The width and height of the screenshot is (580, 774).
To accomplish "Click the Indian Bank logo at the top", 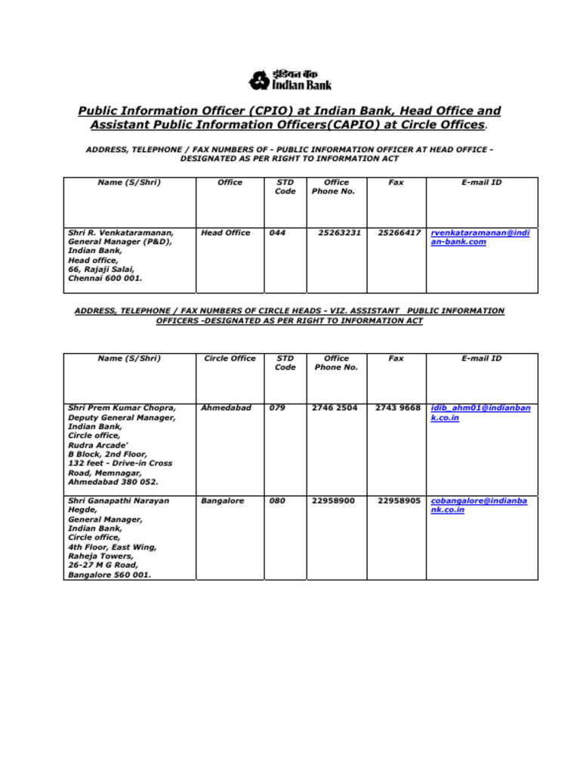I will click(x=290, y=79).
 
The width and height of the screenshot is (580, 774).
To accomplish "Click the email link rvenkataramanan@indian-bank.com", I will click(x=480, y=237).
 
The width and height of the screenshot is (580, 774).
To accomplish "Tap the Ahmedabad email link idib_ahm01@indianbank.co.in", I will click(x=480, y=413).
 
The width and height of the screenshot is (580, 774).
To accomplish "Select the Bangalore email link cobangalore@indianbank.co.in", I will click(x=479, y=505).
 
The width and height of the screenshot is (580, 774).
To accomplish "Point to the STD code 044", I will click(x=277, y=233).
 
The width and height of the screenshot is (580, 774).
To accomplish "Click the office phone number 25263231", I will click(x=340, y=233).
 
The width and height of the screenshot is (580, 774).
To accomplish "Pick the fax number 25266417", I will click(x=399, y=233).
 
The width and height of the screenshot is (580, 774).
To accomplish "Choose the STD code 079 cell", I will click(x=277, y=408).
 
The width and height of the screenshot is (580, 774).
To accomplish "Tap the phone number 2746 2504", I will click(x=335, y=408).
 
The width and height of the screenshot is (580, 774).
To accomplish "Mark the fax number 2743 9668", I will click(x=398, y=408).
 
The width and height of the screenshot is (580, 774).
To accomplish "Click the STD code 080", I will click(x=277, y=500).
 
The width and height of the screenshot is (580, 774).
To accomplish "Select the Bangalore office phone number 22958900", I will click(x=333, y=500).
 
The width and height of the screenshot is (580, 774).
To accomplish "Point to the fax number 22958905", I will click(x=399, y=500).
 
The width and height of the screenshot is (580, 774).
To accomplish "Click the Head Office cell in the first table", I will click(x=225, y=233).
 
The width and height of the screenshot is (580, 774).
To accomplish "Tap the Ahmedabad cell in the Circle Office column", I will click(x=226, y=408).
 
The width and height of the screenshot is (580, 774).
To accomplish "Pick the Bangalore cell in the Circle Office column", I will click(x=223, y=500).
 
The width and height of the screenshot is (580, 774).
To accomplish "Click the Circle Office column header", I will click(x=230, y=358).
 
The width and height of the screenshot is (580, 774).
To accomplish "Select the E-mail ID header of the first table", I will click(x=481, y=182).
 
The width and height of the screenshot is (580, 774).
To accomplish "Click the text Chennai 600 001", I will click(x=105, y=278).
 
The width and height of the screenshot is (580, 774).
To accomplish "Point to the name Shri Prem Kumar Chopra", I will click(x=122, y=408).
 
